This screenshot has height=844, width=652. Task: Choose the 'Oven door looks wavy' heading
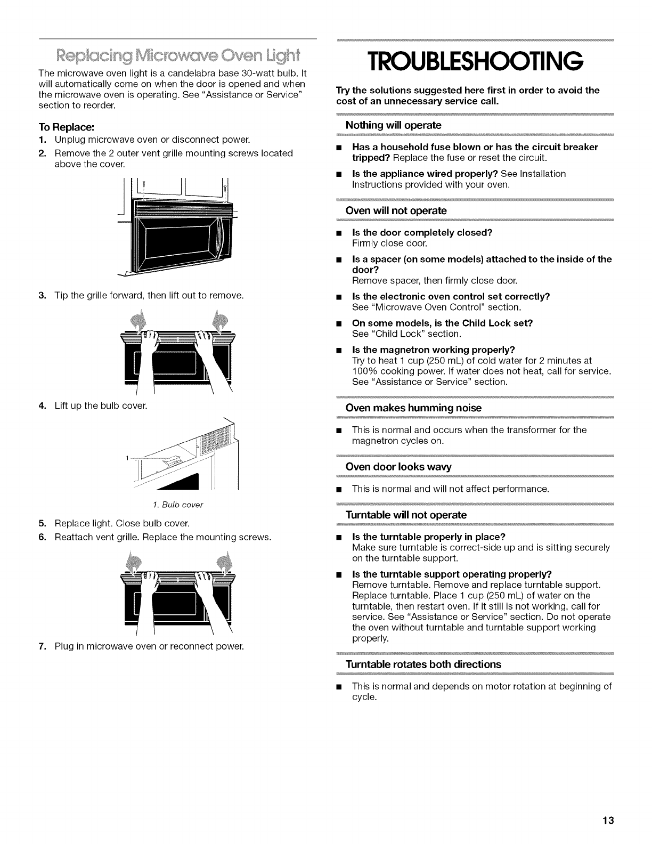click(x=398, y=467)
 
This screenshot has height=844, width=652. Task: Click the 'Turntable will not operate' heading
click(x=406, y=515)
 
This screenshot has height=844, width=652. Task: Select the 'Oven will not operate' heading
click(x=396, y=211)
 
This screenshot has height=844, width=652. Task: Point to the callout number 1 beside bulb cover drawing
click(x=127, y=458)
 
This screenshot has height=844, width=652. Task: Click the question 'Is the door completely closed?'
click(x=422, y=233)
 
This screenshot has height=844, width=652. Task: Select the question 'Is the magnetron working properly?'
click(x=434, y=350)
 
